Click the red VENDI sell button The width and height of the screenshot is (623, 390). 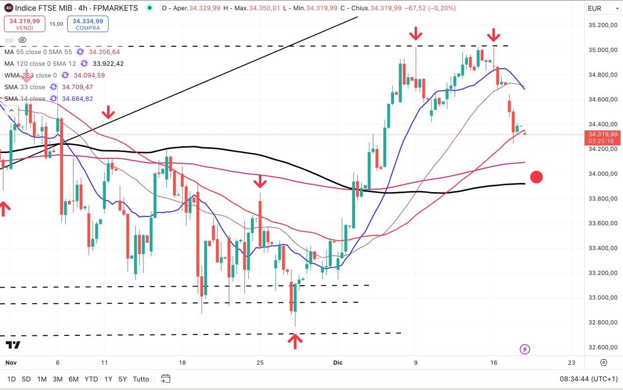(x=24, y=24)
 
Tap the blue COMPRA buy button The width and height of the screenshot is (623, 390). (x=88, y=24)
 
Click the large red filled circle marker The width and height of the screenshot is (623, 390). (x=536, y=177)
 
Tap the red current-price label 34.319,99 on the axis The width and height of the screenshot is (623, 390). (x=603, y=134)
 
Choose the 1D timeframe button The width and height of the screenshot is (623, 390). (x=11, y=379)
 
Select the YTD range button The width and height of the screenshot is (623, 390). (x=91, y=379)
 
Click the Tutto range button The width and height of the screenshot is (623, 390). (x=141, y=379)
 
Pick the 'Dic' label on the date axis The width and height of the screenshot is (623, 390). (x=338, y=363)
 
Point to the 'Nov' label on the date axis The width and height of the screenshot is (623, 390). (x=11, y=363)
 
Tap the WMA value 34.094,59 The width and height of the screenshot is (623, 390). (x=88, y=76)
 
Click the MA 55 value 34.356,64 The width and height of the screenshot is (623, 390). (x=104, y=52)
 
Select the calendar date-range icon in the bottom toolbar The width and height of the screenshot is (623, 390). (x=165, y=378)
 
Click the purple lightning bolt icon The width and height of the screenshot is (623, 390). (x=525, y=349)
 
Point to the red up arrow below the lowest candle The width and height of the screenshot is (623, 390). (x=294, y=341)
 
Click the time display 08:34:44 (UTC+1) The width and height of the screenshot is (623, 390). (x=587, y=379)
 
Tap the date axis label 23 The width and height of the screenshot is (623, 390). (x=571, y=363)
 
